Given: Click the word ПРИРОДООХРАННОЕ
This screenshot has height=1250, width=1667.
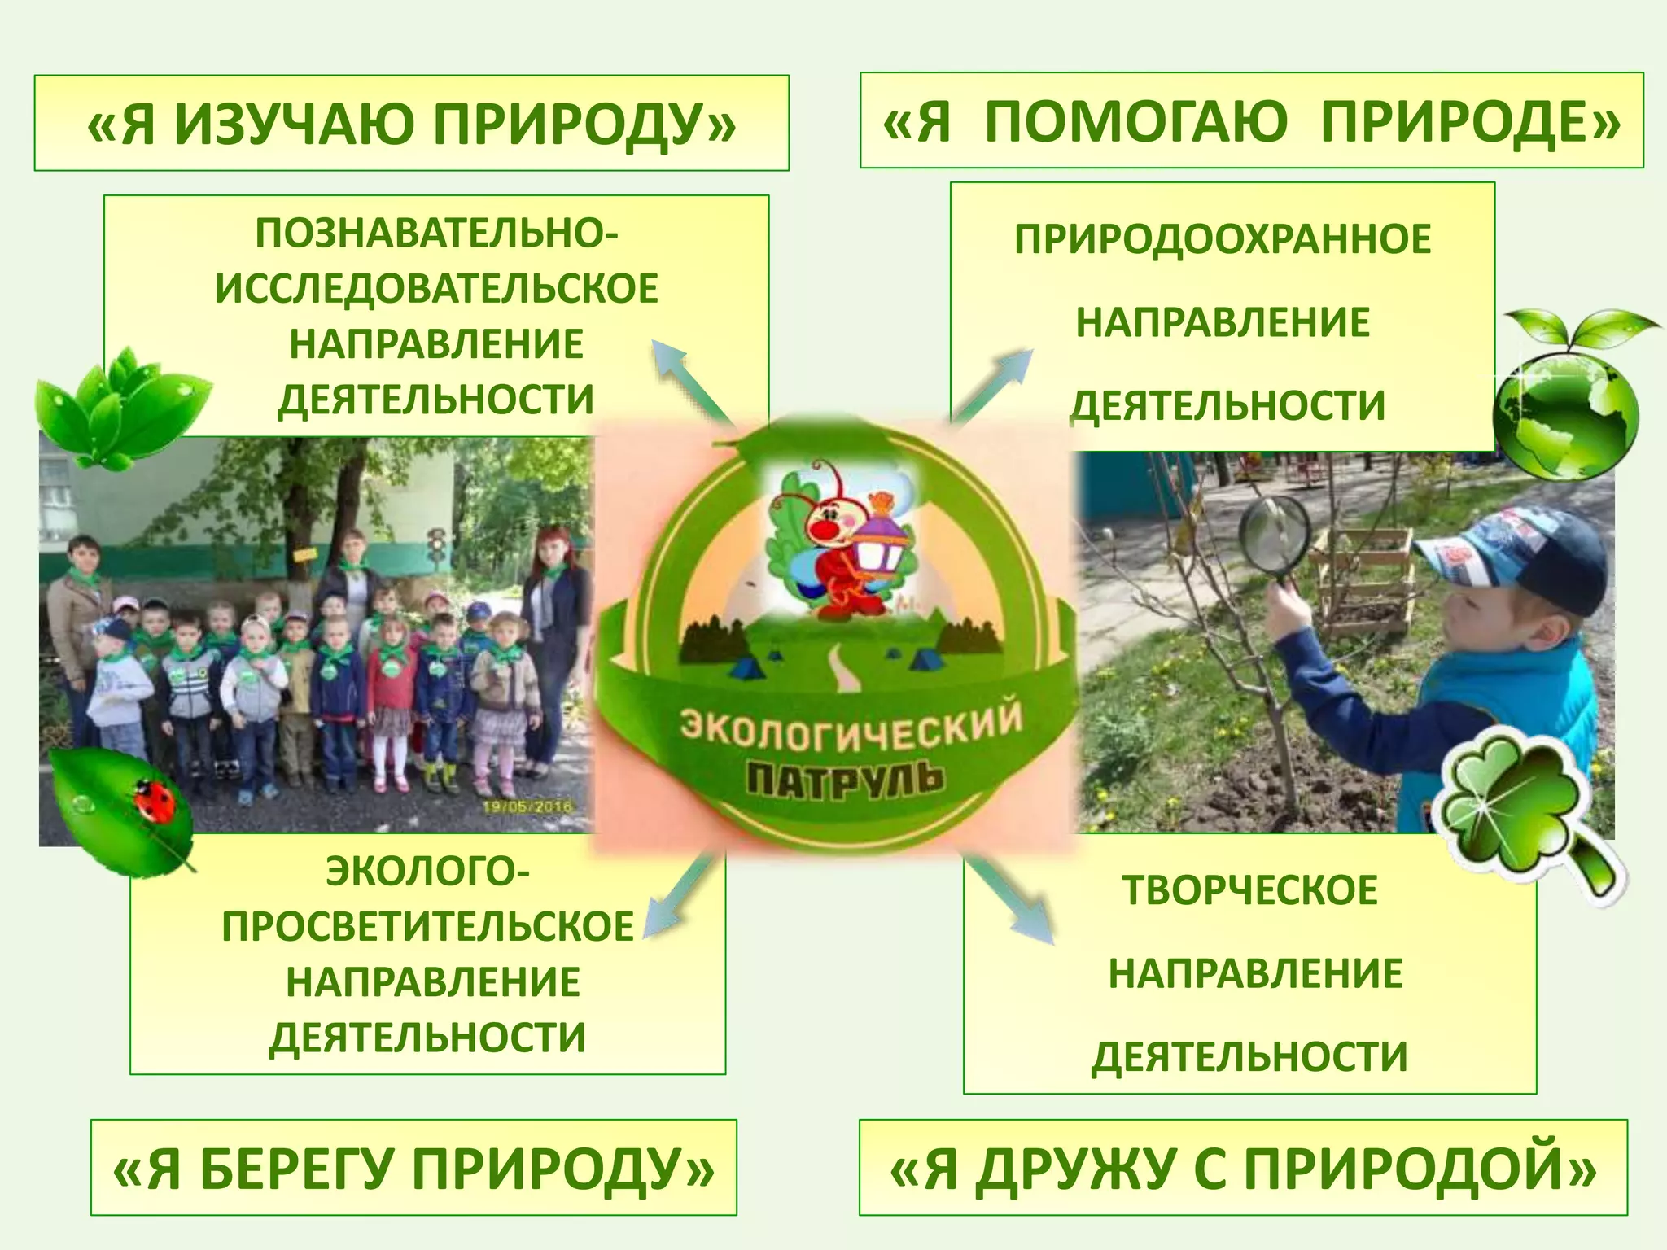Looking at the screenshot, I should tap(1223, 239).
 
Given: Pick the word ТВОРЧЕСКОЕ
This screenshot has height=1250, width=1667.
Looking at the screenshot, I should tap(1249, 889).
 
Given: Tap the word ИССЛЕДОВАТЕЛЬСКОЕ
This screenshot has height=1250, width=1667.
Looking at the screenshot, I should tap(436, 289).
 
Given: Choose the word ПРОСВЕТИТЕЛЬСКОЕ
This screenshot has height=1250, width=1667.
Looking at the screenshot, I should tap(427, 927).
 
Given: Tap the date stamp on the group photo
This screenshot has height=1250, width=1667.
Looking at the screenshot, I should tap(527, 806).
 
